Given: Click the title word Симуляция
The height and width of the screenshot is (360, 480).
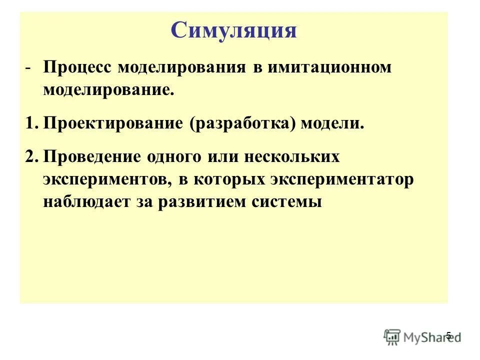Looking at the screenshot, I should pos(233,31).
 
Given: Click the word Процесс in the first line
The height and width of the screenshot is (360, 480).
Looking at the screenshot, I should pos(77,68).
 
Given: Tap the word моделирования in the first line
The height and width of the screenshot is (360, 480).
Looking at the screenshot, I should pos(182,68).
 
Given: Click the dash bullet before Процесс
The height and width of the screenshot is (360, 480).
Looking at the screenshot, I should pos(30,68).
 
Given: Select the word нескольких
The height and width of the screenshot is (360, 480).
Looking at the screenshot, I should pos(292,157).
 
